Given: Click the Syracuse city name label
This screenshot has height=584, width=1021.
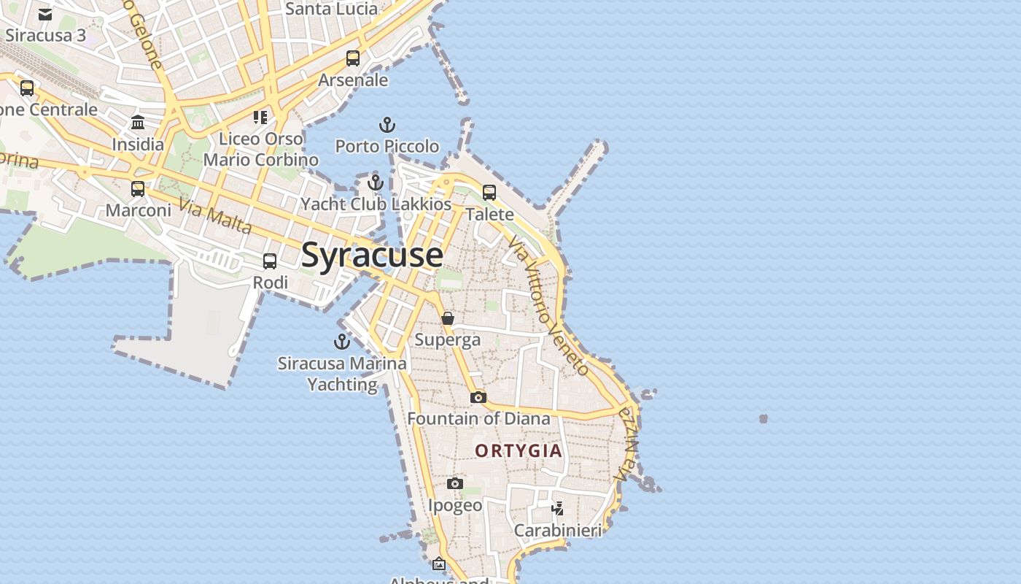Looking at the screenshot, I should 372,255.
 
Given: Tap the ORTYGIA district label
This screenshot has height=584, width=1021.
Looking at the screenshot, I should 519,450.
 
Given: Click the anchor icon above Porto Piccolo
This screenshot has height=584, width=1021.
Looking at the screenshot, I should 387,125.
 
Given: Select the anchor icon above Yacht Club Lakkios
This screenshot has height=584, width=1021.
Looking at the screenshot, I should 376,182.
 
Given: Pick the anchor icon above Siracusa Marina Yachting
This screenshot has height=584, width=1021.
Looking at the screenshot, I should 341,341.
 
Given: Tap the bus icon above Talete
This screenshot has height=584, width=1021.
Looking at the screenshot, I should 489,193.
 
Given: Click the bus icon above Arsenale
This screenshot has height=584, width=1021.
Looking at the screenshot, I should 353,58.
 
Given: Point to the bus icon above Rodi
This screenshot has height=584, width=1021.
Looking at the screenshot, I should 270,261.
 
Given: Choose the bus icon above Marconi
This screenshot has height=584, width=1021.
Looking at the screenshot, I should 138,189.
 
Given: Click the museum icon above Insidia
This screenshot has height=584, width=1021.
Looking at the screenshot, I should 138,122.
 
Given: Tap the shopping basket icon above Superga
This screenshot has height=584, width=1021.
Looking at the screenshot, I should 448,318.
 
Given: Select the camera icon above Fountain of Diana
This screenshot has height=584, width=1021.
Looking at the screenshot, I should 478,397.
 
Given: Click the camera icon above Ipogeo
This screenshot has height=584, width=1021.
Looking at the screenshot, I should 455,483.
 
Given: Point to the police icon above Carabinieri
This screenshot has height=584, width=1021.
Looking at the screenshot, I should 558,508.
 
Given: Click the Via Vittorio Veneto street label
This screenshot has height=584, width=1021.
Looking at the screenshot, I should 549,305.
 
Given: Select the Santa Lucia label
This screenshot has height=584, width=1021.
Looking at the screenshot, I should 331,9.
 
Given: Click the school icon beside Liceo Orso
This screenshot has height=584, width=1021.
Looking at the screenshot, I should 260,117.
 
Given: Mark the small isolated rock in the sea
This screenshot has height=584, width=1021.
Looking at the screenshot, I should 764,418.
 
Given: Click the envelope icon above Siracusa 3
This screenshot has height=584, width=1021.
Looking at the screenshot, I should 45,15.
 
